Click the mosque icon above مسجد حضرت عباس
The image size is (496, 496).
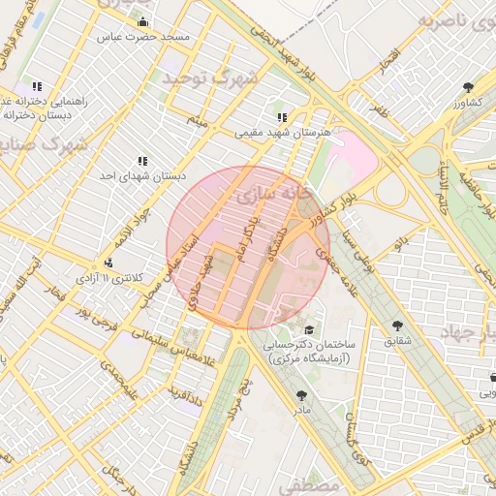click(x=143, y=21)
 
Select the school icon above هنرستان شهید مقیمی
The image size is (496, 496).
click(x=282, y=117)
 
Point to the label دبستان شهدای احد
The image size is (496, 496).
click(x=142, y=176)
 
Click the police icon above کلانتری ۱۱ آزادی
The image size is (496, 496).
click(x=108, y=263)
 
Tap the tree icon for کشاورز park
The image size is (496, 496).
click(x=468, y=85)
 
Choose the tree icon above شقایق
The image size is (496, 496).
click(x=397, y=325)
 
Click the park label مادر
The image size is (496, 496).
click(x=302, y=411)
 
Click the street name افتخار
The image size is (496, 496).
click(x=388, y=59)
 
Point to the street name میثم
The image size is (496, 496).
click(x=197, y=121)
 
